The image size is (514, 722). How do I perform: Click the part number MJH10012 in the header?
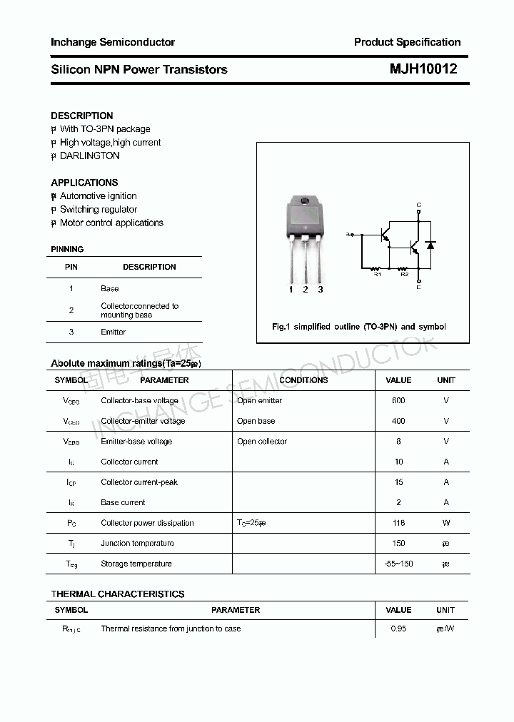click(423, 69)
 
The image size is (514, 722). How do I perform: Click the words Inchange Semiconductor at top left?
click(113, 42)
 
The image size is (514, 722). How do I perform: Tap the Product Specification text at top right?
click(407, 42)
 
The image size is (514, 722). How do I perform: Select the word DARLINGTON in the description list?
click(90, 156)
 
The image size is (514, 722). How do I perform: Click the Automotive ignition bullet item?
click(98, 196)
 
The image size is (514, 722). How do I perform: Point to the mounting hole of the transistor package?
click(306, 201)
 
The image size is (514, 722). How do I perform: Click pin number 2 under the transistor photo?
click(306, 289)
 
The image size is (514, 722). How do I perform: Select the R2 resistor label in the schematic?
click(404, 274)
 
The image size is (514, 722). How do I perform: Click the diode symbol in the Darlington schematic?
click(430, 245)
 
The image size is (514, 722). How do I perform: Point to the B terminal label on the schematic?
click(348, 234)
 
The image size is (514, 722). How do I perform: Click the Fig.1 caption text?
click(358, 327)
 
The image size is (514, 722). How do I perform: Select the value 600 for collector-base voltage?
click(398, 401)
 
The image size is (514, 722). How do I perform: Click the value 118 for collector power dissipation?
click(398, 523)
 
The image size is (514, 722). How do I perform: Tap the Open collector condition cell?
click(262, 442)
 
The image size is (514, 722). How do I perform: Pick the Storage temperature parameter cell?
click(136, 564)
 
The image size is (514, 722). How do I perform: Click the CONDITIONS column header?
click(303, 380)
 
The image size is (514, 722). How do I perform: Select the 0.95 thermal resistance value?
click(398, 629)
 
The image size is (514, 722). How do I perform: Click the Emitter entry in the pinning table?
click(113, 332)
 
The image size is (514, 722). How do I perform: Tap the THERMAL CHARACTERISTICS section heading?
click(118, 594)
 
